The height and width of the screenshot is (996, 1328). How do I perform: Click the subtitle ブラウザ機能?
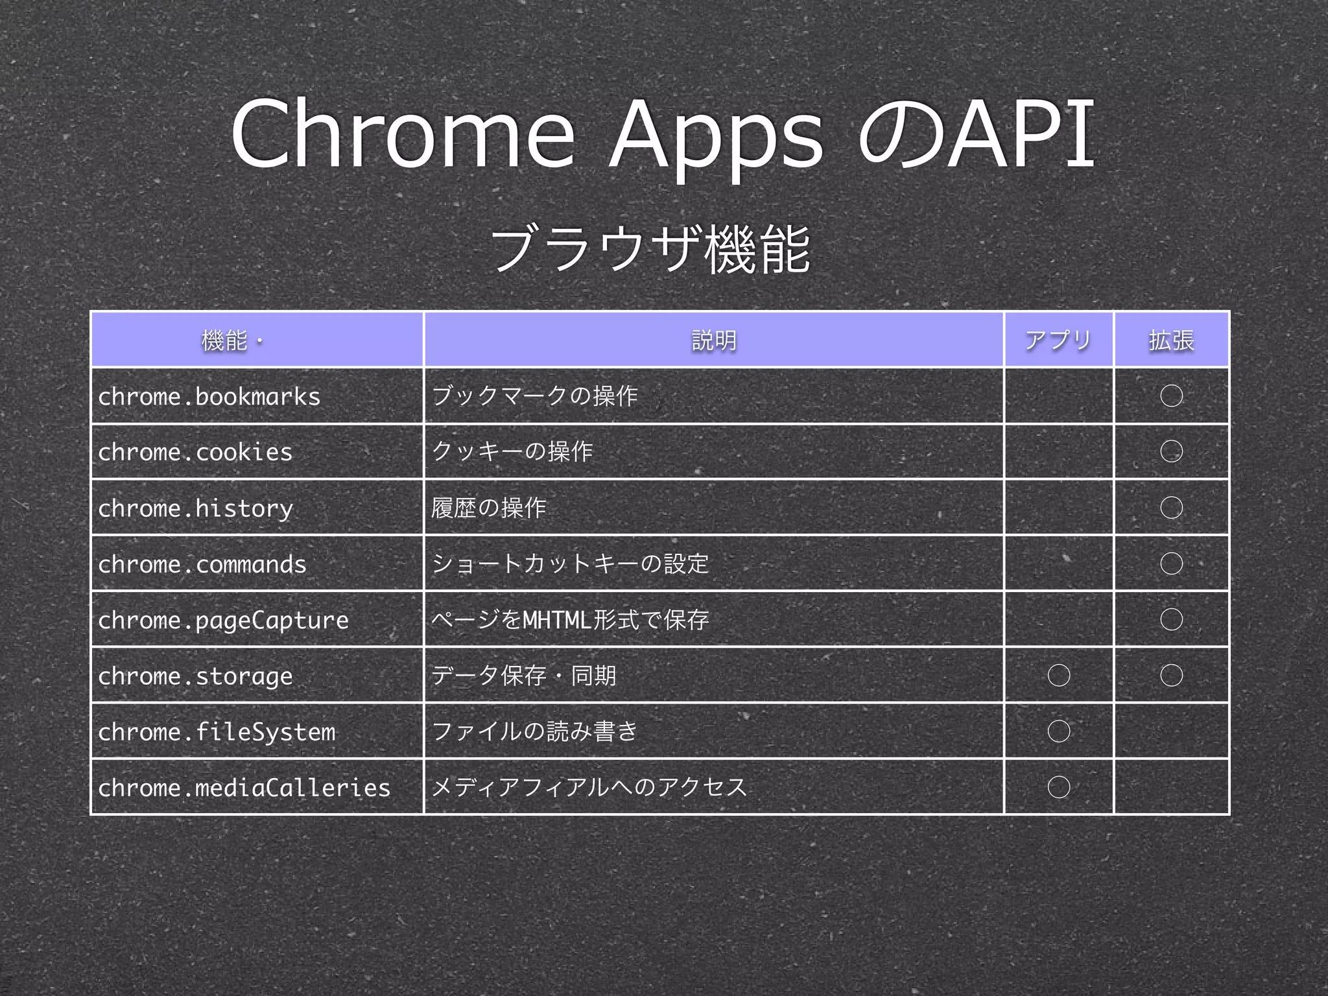(x=650, y=250)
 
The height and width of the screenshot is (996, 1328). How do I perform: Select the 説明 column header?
(x=714, y=340)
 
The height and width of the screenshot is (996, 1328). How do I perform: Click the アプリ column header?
(x=1058, y=340)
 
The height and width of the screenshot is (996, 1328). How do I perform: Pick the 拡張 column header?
(x=1171, y=340)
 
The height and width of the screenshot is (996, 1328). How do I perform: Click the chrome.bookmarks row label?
(x=209, y=396)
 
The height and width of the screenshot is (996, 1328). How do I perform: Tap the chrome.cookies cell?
(x=195, y=452)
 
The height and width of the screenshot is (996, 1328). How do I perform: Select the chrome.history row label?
(x=195, y=508)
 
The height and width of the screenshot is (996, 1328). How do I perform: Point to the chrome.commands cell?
(x=202, y=564)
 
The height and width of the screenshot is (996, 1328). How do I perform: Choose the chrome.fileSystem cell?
(x=217, y=732)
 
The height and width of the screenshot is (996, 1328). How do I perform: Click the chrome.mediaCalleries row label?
(x=244, y=788)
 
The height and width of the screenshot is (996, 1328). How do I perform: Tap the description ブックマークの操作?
(x=534, y=396)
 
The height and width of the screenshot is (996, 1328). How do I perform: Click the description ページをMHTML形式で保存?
(x=570, y=620)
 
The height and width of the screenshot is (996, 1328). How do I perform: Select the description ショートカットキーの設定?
(x=570, y=563)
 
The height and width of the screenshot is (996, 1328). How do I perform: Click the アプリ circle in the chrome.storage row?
(x=1058, y=676)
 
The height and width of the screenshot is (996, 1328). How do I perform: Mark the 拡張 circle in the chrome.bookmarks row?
(x=1171, y=396)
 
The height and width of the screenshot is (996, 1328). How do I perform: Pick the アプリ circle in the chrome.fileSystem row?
(x=1058, y=731)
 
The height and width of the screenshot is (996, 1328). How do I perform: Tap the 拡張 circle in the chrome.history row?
(x=1171, y=508)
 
